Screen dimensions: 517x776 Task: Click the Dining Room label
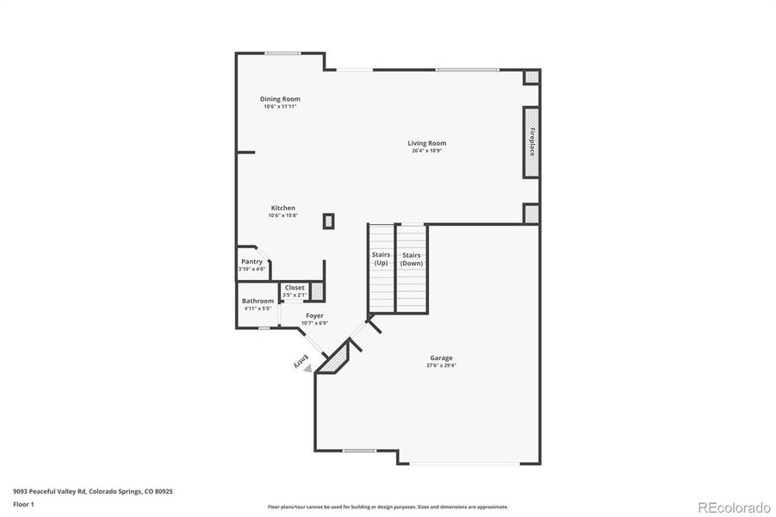tap(280, 99)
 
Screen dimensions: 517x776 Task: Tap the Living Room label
tap(426, 143)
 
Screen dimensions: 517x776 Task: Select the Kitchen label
tap(283, 208)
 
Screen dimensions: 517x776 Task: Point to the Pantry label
tap(251, 261)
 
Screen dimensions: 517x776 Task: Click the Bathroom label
tap(258, 301)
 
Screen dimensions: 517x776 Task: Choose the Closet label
tap(295, 288)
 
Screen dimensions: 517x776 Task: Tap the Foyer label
tap(314, 316)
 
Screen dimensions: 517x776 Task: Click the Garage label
tap(441, 358)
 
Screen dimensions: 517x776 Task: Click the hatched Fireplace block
tap(531, 142)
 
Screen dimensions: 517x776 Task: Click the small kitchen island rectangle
tap(328, 221)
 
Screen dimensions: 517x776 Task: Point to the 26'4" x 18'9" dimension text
tap(426, 152)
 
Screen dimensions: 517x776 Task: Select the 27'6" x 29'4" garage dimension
tap(441, 365)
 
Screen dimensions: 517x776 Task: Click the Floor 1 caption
tap(24, 503)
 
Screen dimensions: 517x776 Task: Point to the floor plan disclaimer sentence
tap(388, 507)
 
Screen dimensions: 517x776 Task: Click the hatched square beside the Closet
tap(317, 291)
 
